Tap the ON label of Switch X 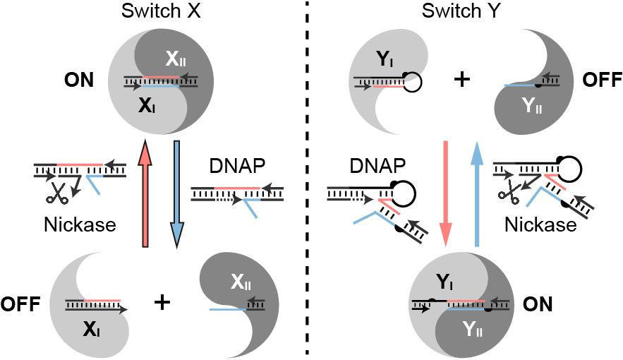78,80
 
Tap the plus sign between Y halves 461,80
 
